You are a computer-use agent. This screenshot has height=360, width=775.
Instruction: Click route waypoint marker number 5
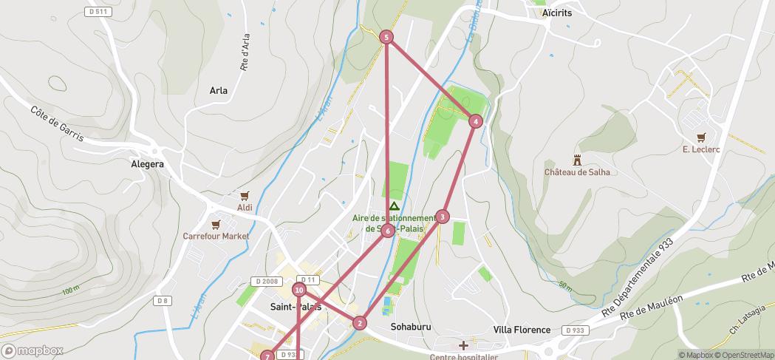tap(386, 37)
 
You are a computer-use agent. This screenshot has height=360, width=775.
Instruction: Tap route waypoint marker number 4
tap(476, 121)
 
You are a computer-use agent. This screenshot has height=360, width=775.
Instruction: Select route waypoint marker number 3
tap(442, 217)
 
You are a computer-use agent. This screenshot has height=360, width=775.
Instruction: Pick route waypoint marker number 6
tap(388, 231)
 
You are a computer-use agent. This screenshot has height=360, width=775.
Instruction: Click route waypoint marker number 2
tap(360, 323)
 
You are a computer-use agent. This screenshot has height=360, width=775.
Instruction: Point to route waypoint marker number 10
tap(299, 290)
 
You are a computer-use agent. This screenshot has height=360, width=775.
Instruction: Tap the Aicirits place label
tap(557, 13)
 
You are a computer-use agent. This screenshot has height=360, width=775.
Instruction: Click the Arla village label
tap(219, 91)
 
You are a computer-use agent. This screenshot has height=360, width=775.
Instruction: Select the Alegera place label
tap(147, 164)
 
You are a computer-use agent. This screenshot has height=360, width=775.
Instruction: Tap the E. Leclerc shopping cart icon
tap(701, 137)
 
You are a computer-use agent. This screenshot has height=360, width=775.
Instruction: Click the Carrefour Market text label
tap(216, 237)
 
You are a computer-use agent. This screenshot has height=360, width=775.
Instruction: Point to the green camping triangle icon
tap(395, 206)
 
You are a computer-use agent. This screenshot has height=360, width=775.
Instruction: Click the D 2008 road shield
tap(266, 282)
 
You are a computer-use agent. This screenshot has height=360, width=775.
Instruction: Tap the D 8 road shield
tap(163, 301)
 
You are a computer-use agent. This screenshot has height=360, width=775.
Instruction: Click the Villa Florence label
tap(522, 330)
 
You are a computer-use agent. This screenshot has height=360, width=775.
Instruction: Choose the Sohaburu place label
tap(410, 327)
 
